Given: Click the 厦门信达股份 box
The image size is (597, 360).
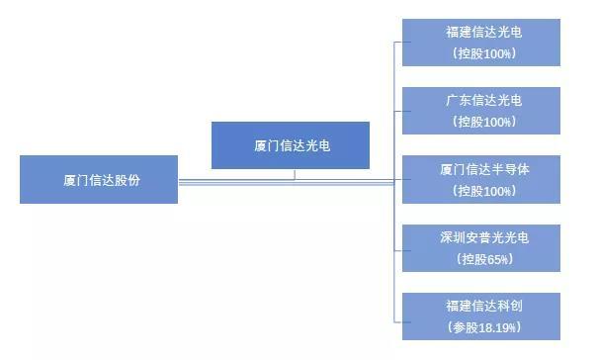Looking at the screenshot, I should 99,179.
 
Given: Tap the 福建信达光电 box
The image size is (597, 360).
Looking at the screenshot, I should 482,42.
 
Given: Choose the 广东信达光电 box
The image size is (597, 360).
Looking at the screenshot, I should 482,110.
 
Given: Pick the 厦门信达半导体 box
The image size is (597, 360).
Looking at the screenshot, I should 482,179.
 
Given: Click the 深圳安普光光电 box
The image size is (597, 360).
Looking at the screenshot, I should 482,248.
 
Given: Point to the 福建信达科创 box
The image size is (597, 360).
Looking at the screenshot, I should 482,316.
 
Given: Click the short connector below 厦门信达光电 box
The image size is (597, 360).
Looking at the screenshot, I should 294,174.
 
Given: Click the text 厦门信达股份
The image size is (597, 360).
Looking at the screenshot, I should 99,179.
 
